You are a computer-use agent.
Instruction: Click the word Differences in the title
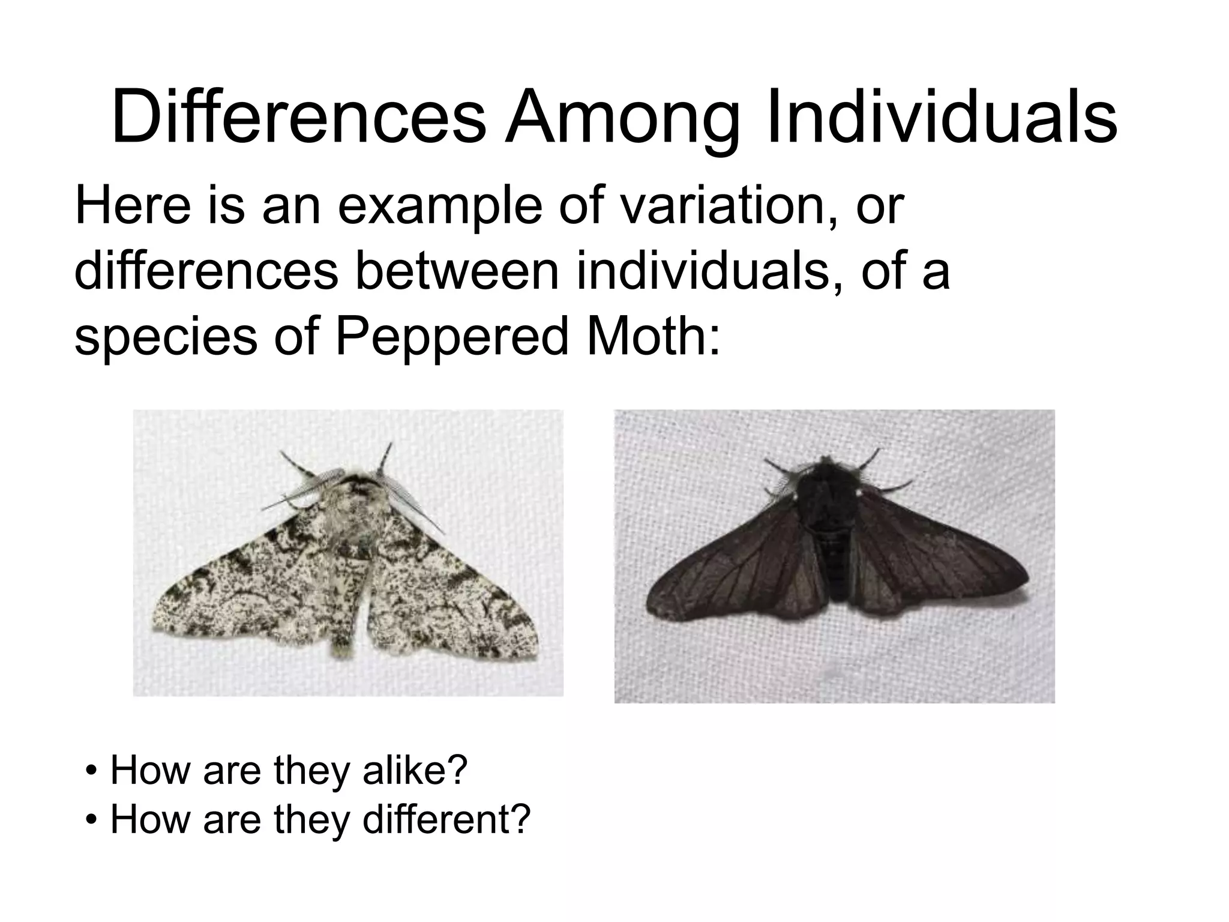click(x=298, y=117)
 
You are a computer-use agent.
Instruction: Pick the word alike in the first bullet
click(x=414, y=770)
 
